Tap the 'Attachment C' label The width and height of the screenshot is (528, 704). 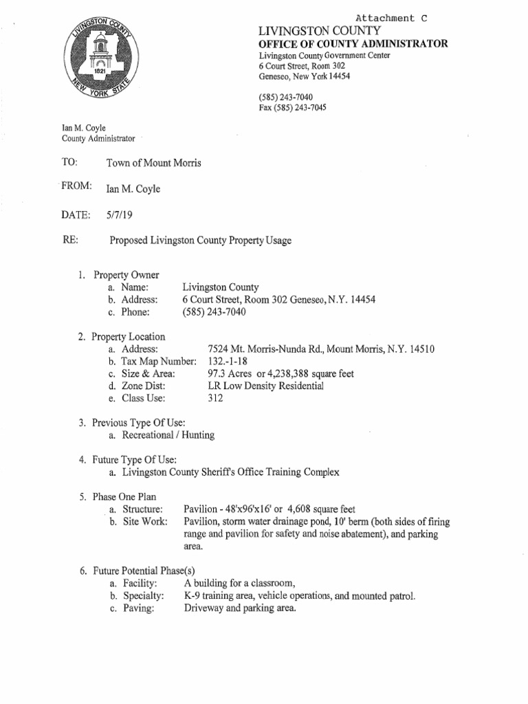tap(395, 18)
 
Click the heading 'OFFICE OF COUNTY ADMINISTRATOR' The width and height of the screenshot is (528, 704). tap(353, 44)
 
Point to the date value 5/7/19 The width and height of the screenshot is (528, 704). tap(118, 214)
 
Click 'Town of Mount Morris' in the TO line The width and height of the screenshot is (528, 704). tap(154, 162)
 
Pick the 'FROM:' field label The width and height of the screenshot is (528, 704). tap(76, 187)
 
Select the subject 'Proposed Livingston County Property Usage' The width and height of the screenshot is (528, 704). tap(201, 241)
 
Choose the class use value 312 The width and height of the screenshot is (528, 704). tap(216, 398)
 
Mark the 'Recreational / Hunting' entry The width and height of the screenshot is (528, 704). tap(168, 435)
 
